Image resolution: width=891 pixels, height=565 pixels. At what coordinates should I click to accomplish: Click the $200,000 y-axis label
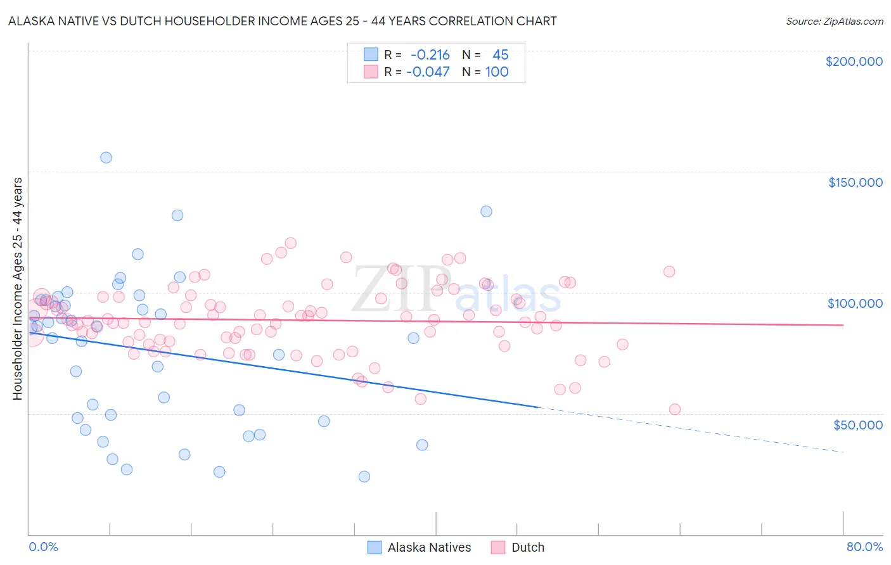[x=854, y=61]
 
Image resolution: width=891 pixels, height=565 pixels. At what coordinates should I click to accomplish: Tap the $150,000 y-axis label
[x=855, y=182]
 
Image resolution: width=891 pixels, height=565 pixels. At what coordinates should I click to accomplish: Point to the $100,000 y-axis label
[x=855, y=303]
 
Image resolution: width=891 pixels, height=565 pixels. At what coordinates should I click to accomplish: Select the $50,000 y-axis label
[x=857, y=424]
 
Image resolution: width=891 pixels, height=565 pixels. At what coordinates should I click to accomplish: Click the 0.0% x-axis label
[x=43, y=547]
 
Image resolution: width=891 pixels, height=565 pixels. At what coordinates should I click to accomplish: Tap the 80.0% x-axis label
[x=864, y=547]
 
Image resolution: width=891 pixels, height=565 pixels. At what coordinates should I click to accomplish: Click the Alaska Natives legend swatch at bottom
[x=375, y=547]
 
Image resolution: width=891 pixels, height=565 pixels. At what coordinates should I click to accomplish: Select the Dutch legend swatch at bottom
[x=498, y=547]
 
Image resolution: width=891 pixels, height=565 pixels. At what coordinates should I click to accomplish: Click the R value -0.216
[x=430, y=55]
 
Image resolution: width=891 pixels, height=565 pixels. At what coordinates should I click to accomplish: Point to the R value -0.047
[x=428, y=72]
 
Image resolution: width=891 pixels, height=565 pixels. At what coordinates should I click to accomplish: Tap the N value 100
[x=497, y=72]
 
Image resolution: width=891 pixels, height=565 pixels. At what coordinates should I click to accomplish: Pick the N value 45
[x=500, y=55]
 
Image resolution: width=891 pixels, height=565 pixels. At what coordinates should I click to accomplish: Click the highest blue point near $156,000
[x=106, y=158]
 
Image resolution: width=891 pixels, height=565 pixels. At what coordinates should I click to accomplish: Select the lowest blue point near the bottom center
[x=364, y=476]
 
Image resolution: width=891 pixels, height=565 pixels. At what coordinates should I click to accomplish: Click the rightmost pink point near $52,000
[x=674, y=409]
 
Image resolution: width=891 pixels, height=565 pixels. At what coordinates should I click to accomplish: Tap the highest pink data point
[x=291, y=243]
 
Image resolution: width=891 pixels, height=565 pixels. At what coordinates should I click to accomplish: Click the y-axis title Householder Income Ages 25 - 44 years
[x=17, y=289]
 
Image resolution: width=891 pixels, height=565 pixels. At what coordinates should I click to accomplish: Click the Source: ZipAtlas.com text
[x=834, y=22]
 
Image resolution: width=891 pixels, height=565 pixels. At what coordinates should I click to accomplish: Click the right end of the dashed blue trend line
[x=843, y=452]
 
